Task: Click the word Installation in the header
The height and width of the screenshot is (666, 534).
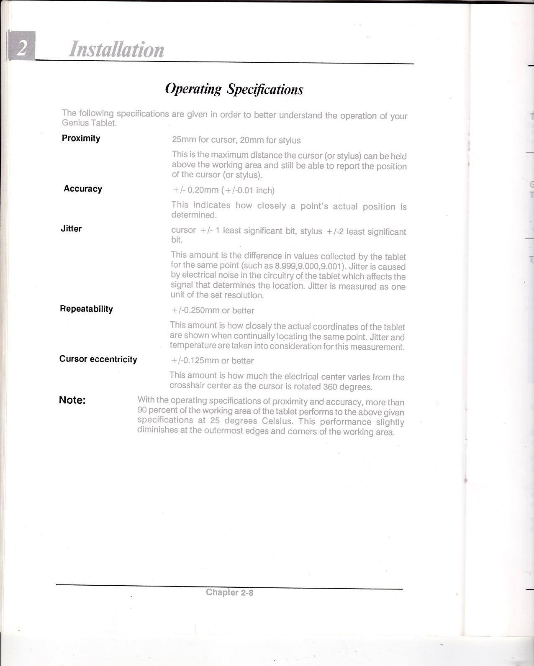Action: [116, 49]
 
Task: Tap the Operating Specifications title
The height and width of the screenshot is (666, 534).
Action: [234, 89]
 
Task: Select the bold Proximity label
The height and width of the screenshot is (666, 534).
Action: [81, 138]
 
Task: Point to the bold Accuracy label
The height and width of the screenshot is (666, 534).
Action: [83, 189]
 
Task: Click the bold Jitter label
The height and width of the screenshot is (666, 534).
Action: [71, 229]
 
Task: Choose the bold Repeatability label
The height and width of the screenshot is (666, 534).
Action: [86, 309]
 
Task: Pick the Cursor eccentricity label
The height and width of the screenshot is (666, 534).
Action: [98, 359]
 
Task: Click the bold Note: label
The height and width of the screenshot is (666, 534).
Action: [72, 400]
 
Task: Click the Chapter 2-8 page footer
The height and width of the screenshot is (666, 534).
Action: [230, 592]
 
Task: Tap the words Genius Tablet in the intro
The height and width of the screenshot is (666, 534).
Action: [89, 123]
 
